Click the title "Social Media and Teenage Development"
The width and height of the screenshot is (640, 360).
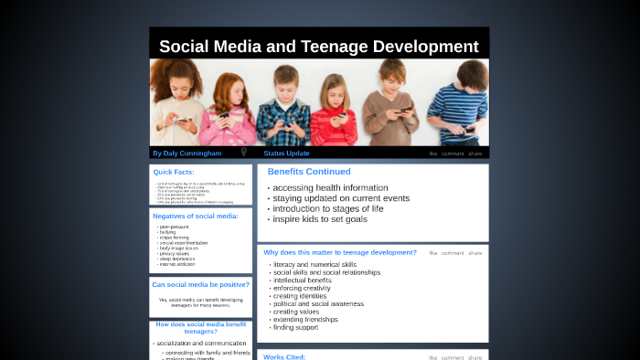tap(319, 46)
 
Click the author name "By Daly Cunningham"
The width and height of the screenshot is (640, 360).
tap(187, 153)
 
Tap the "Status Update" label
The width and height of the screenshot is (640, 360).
tap(286, 153)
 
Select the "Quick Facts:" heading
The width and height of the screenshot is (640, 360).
tap(173, 172)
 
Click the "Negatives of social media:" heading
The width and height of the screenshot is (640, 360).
tap(196, 216)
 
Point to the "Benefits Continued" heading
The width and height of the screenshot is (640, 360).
tap(309, 171)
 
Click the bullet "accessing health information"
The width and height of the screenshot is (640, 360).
tap(317, 188)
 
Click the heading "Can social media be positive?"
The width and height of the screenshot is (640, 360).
tap(200, 284)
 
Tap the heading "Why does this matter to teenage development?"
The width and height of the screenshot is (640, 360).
tap(340, 252)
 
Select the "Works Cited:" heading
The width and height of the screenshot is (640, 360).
tap(284, 356)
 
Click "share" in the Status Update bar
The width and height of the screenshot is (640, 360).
tap(475, 154)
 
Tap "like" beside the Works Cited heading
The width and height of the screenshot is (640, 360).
tap(433, 357)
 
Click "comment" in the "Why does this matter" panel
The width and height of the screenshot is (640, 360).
tap(453, 253)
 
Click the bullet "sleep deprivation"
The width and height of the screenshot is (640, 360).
tap(179, 259)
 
